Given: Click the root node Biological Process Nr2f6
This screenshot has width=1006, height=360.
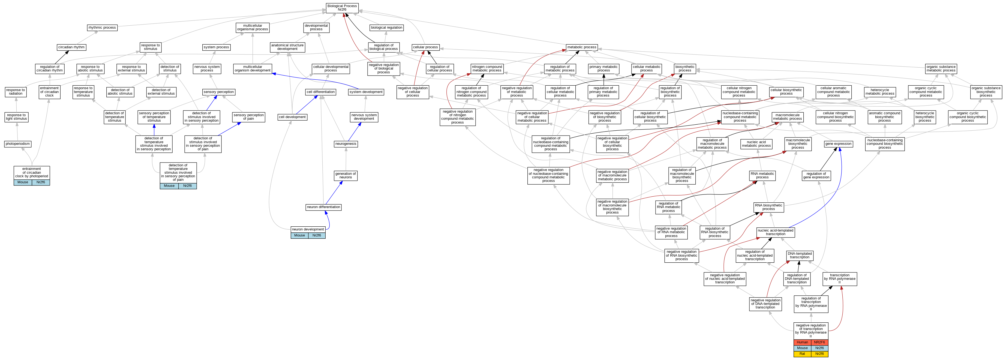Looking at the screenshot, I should point(342,8).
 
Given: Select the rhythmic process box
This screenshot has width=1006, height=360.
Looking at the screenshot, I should point(102,28).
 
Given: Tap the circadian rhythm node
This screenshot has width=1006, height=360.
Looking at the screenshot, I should point(71,47).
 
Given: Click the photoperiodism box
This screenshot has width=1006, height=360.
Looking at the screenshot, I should point(17,144).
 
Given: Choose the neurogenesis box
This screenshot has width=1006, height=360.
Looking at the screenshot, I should point(346,144).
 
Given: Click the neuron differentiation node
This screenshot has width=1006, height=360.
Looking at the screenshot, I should point(323,207).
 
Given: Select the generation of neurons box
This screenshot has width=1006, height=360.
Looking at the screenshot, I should point(346,175).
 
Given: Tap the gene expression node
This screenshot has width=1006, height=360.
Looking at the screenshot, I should point(838,144).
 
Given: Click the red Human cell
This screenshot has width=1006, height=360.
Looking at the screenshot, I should point(802,342).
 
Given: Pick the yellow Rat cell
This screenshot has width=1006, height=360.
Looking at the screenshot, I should point(802,354).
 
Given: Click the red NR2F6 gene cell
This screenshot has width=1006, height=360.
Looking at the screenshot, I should point(819,342).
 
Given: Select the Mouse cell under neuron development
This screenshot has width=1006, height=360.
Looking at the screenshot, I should point(299,235).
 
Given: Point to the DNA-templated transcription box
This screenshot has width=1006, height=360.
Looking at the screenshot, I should point(799,255).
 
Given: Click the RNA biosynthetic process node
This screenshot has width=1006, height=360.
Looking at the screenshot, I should point(768,207).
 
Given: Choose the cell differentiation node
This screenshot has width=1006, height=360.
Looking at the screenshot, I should point(321,92).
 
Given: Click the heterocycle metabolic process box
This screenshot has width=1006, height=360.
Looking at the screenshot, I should point(879,92).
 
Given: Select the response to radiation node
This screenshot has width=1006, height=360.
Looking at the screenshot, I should point(16,92).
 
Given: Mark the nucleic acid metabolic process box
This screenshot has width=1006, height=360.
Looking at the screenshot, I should point(756,144).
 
